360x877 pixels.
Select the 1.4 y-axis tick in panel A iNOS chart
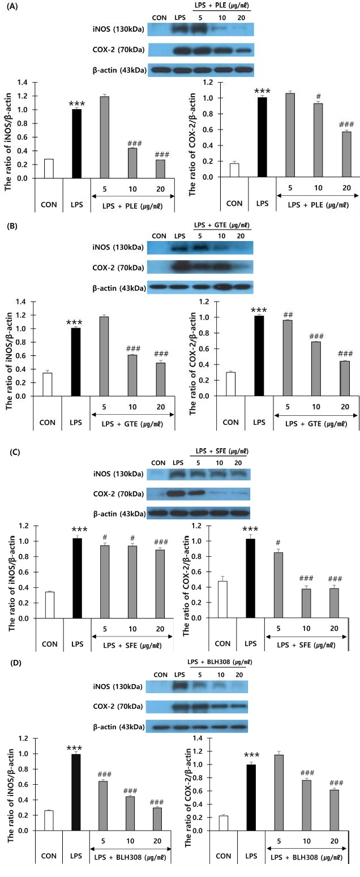(x=23, y=82)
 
